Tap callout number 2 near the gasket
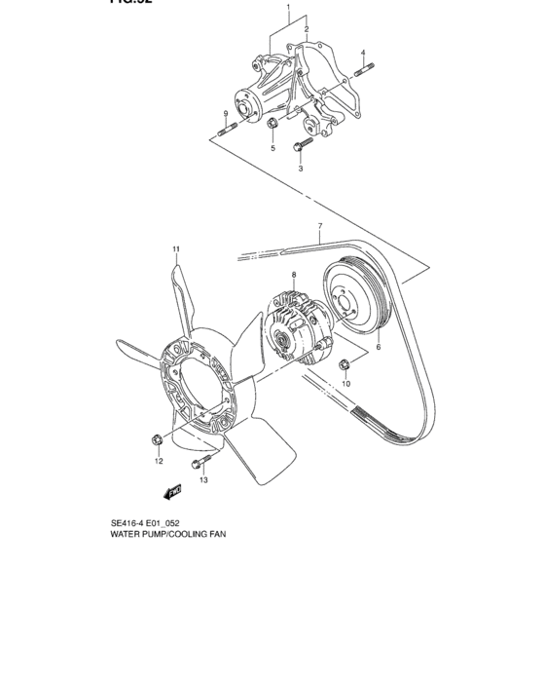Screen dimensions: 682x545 [x=306, y=30]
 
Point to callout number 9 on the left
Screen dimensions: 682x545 [x=225, y=114]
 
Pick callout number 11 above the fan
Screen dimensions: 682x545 [x=177, y=249]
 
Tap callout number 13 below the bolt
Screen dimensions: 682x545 [x=204, y=480]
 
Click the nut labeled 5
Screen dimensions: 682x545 [x=273, y=124]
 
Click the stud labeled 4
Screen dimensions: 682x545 [x=364, y=69]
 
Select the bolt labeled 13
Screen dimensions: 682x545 [x=200, y=461]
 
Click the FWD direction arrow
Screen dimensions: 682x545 [x=173, y=494]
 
